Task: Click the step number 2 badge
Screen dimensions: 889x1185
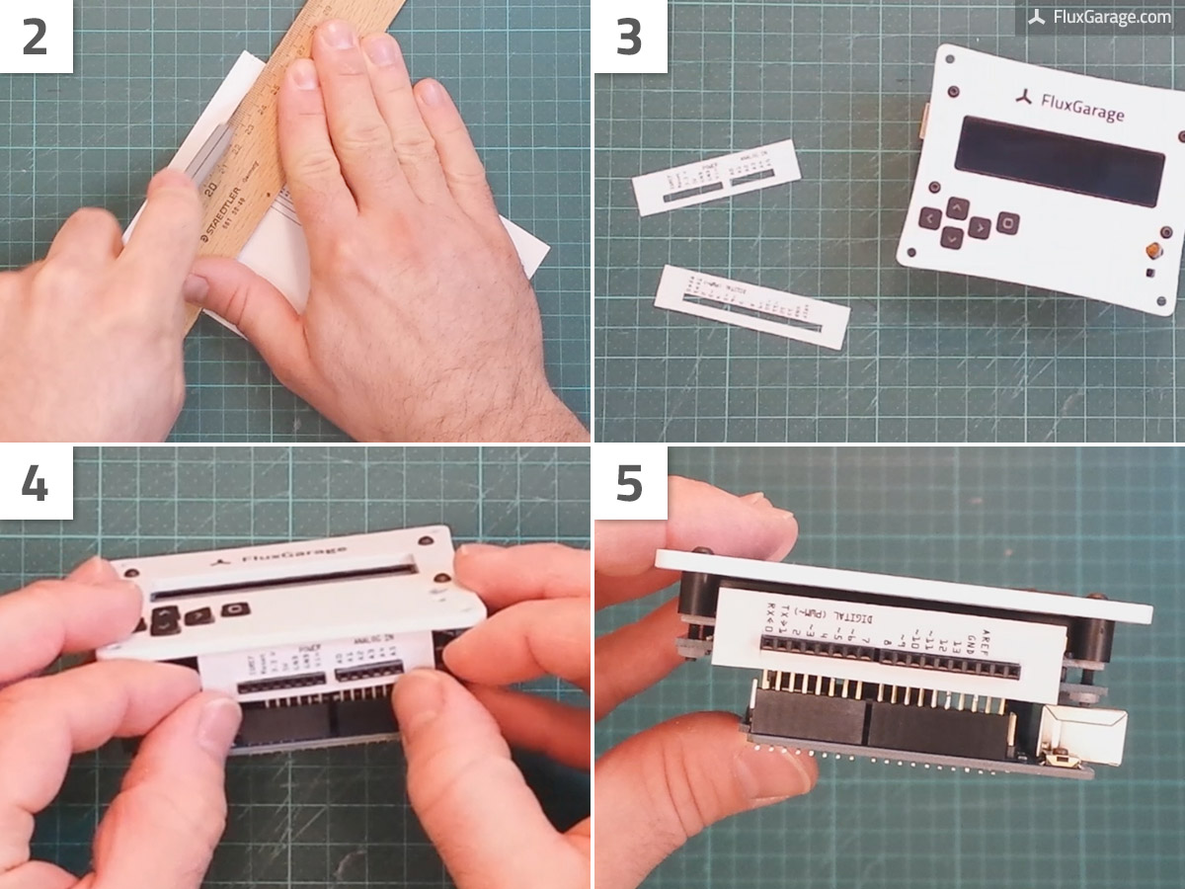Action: [36, 37]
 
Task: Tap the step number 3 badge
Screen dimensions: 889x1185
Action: [629, 37]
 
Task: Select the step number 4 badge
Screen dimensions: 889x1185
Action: [36, 483]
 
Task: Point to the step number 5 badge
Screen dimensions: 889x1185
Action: [629, 483]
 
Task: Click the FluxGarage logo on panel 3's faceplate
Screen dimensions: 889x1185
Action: [1068, 106]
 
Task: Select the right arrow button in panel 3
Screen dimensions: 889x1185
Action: [979, 228]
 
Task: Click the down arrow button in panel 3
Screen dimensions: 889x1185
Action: [952, 237]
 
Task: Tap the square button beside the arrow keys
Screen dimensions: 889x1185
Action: [1007, 221]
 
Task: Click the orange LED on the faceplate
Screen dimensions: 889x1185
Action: [1152, 251]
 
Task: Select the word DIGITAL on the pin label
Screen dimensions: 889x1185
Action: [850, 619]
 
